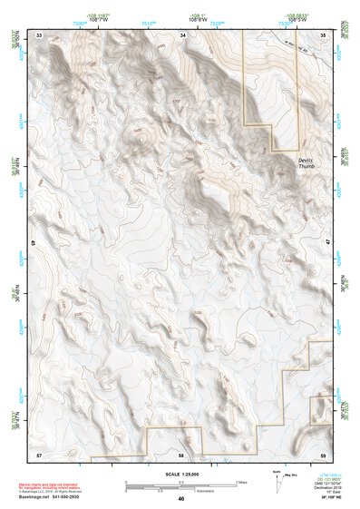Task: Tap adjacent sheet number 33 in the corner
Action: tap(39, 34)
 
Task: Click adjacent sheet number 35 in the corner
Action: tap(324, 34)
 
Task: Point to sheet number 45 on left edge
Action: tap(34, 244)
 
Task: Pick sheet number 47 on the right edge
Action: tap(328, 244)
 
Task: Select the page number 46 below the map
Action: tap(180, 499)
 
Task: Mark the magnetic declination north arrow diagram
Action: tap(278, 482)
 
